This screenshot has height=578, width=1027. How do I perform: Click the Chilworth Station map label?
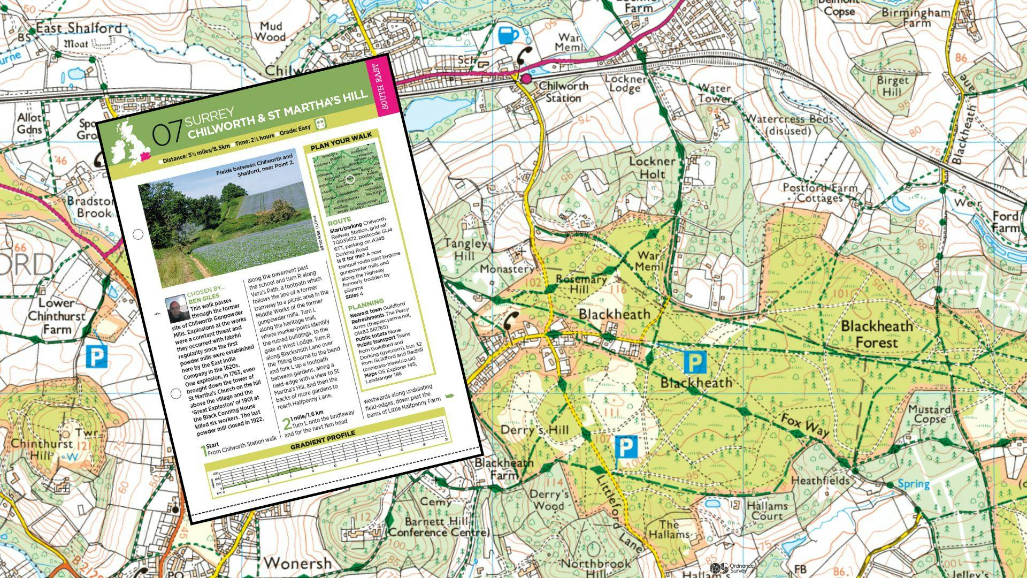563,92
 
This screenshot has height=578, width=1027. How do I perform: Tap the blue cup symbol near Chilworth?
508,35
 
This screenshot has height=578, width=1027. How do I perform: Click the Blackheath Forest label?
876,334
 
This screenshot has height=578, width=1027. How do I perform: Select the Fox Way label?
805,425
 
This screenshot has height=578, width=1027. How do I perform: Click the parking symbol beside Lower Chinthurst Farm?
96,356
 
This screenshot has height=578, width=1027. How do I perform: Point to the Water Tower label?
715,93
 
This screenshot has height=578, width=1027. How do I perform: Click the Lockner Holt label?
652,168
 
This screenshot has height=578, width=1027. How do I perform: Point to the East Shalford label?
79,28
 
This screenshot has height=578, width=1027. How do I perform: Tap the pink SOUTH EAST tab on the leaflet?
383,86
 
